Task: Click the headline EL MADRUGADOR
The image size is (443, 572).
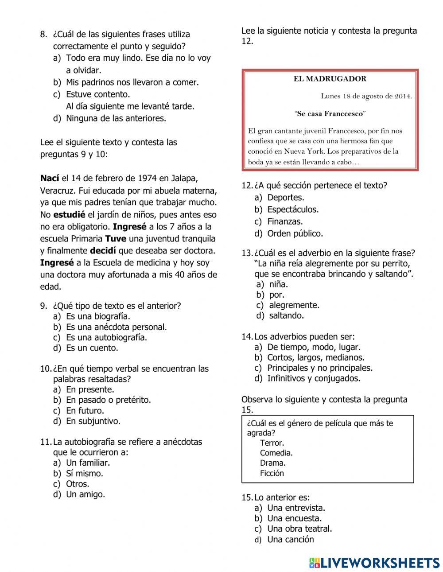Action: point(330,79)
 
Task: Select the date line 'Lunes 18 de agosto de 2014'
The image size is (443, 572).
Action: point(366,96)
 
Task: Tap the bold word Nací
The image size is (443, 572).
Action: point(49,178)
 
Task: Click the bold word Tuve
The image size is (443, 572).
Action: point(116,238)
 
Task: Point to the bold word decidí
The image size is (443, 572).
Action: point(104,250)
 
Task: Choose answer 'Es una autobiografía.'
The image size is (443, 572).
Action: point(106,337)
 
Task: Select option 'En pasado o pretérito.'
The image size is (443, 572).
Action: point(108,400)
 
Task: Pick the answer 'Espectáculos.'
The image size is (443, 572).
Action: point(292,209)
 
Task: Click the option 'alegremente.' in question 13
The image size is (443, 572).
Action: point(294,305)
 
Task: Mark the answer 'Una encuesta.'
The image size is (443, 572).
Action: point(294,518)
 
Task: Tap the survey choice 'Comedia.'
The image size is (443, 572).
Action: point(276,453)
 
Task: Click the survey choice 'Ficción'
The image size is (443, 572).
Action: point(272,473)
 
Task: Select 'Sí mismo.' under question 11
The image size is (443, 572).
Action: point(84,473)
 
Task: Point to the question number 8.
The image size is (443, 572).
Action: point(43,34)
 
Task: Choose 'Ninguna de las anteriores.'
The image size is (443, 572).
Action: point(116,118)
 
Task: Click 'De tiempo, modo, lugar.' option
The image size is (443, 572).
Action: point(314,347)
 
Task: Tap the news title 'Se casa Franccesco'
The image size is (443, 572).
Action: point(330,113)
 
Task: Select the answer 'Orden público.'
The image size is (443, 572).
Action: point(295,233)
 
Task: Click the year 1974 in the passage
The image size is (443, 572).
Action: point(147,178)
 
